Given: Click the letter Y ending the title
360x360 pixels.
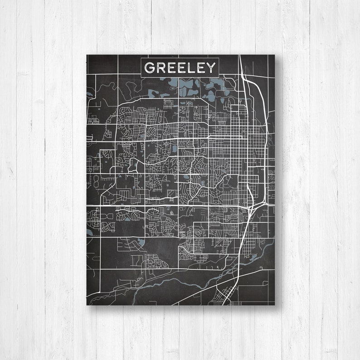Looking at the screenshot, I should point(211,68).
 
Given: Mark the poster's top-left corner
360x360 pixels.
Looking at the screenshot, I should point(87,55).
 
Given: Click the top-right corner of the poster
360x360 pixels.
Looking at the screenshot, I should point(275,55).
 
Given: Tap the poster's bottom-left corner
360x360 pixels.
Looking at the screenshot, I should point(87,306).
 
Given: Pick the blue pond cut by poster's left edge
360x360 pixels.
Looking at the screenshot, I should point(88,232).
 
